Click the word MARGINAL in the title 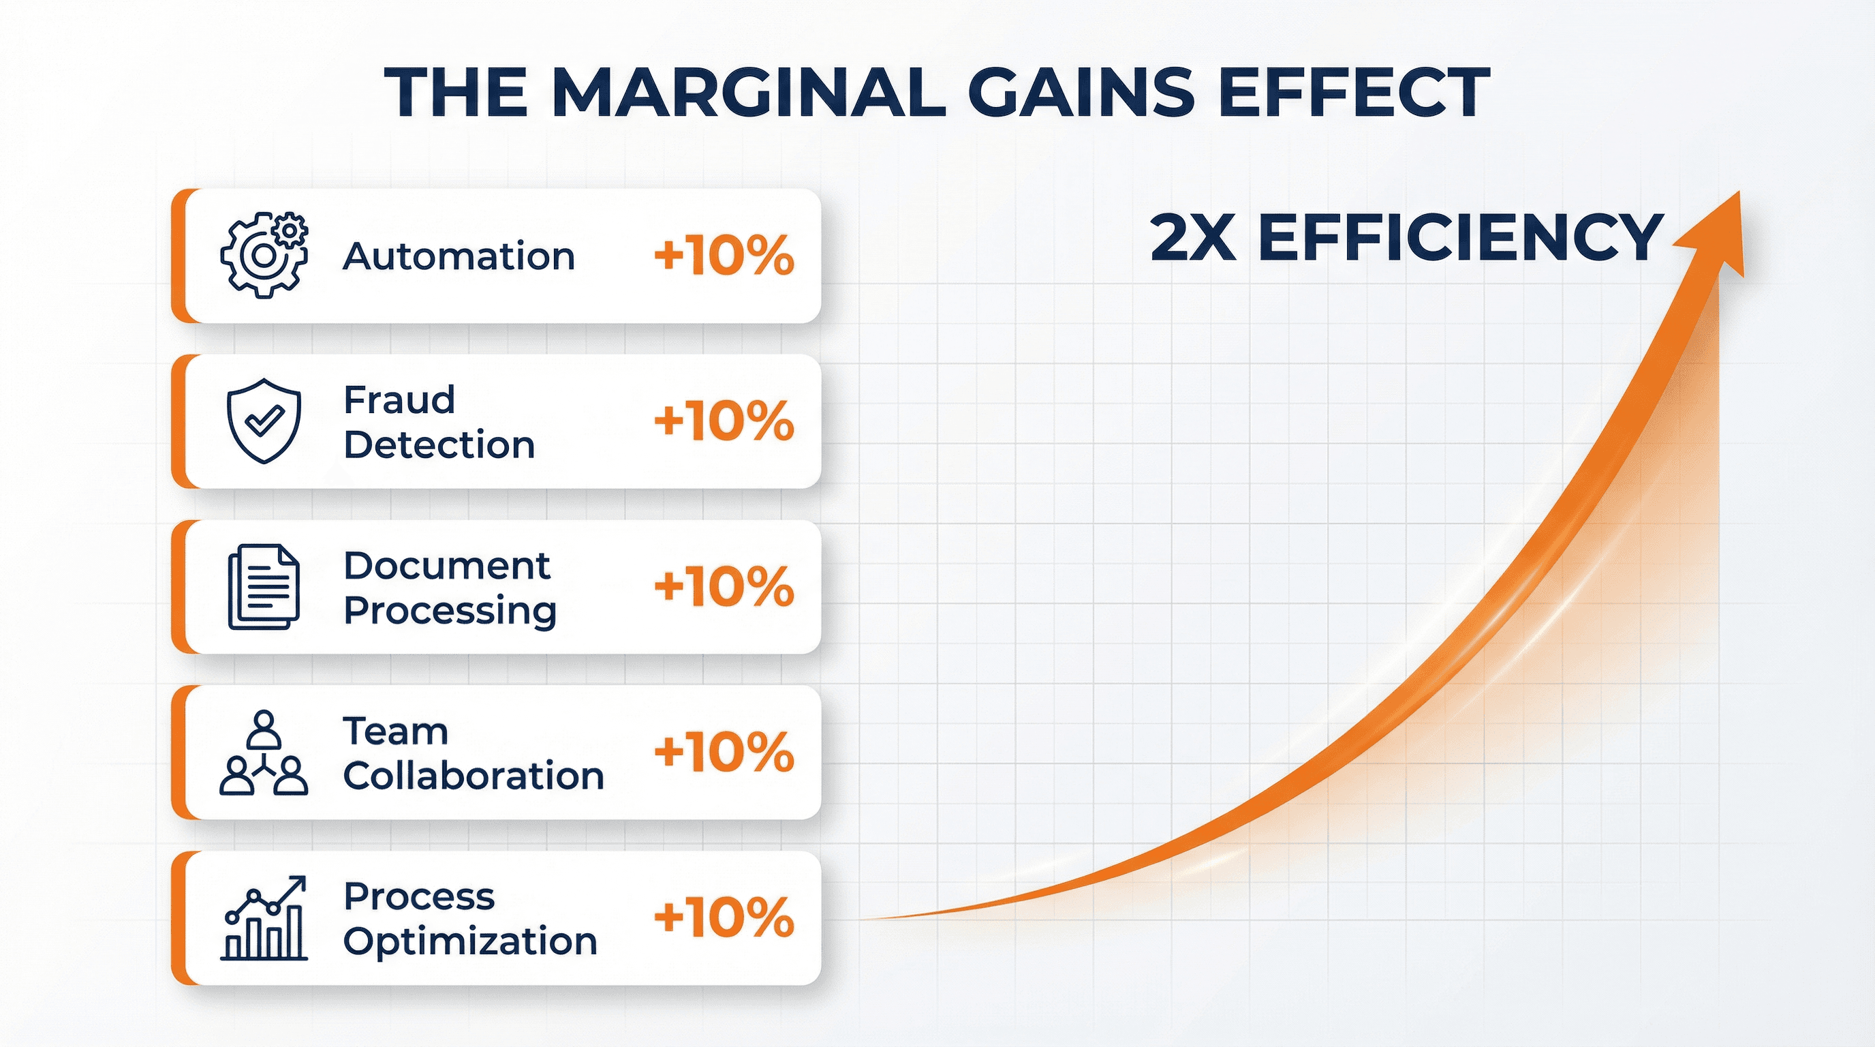pyautogui.click(x=749, y=92)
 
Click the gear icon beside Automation pyautogui.click(x=264, y=255)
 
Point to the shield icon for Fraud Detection pyautogui.click(x=264, y=421)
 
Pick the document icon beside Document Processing pyautogui.click(x=264, y=587)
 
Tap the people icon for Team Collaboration pyautogui.click(x=264, y=752)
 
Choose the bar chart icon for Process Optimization pyautogui.click(x=264, y=918)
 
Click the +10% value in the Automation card pyautogui.click(x=724, y=256)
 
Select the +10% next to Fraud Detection pyautogui.click(x=724, y=421)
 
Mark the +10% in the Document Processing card pyautogui.click(x=724, y=587)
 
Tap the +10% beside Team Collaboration pyautogui.click(x=724, y=752)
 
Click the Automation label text pyautogui.click(x=459, y=256)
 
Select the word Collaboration pyautogui.click(x=473, y=776)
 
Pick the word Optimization pyautogui.click(x=470, y=941)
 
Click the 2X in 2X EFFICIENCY pyautogui.click(x=1192, y=237)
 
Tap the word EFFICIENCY pyautogui.click(x=1459, y=237)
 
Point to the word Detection pyautogui.click(x=439, y=445)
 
